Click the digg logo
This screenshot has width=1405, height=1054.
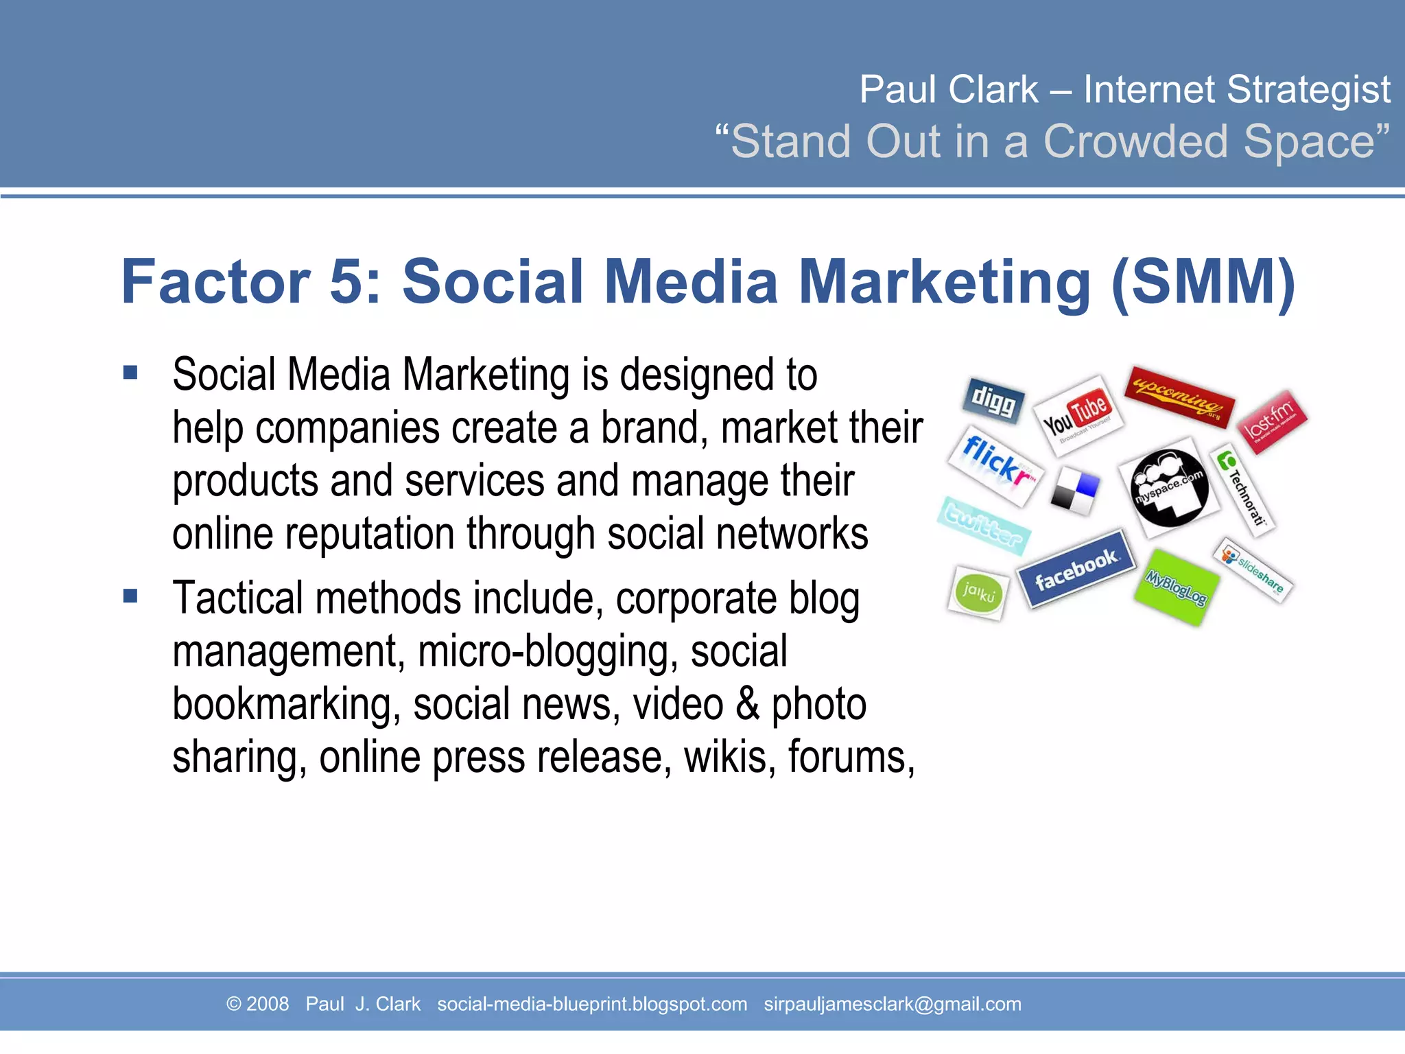click(993, 401)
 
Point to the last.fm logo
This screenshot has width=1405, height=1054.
click(1273, 421)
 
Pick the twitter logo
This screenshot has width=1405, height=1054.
click(983, 525)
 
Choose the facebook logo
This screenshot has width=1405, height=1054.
click(1075, 569)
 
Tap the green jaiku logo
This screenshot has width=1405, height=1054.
click(978, 592)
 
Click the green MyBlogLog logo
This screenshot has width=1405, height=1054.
click(1176, 587)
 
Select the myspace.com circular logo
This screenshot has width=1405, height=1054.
click(1169, 487)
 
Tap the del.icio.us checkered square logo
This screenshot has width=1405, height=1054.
click(1074, 491)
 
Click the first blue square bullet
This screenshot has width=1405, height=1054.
click(130, 373)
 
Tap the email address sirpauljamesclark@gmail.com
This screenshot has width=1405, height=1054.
click(892, 1004)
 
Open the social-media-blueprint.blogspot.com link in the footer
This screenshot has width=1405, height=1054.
click(592, 1004)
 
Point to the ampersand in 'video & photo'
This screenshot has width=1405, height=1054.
click(747, 705)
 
